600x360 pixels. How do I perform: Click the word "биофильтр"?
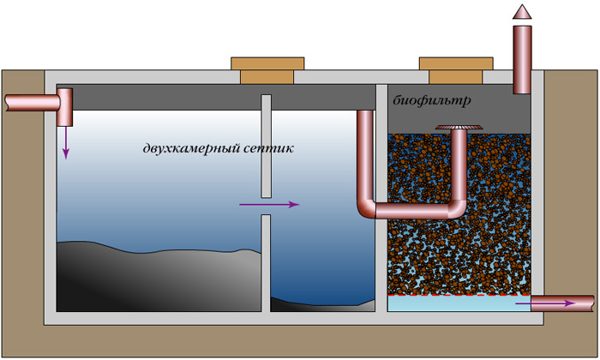433,101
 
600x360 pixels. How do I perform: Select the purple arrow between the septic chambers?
269,205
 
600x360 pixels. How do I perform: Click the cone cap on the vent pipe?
521,12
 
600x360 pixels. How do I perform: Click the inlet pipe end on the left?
10,102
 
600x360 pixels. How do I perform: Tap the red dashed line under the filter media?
459,294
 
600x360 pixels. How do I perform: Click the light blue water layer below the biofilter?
454,303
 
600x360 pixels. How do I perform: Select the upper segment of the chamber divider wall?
266,141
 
